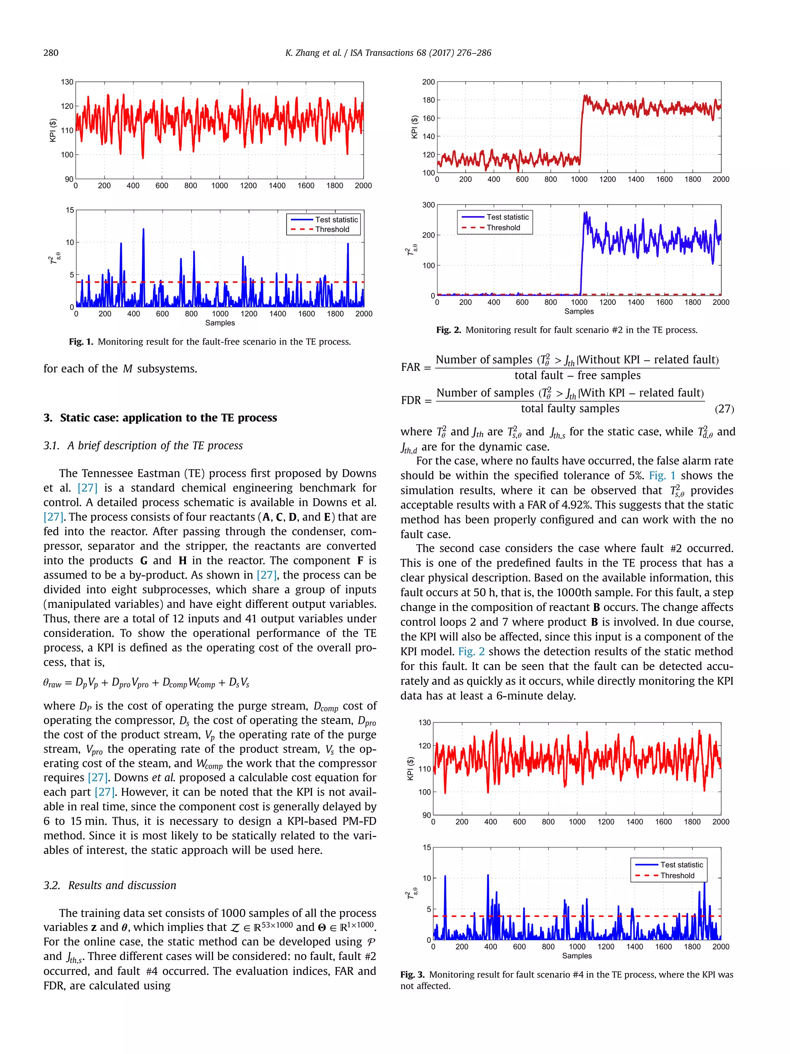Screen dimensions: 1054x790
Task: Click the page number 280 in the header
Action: coord(51,53)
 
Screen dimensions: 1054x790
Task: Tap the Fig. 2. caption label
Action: coord(448,330)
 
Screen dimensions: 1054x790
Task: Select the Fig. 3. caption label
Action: coord(412,974)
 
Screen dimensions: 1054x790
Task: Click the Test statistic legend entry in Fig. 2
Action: coord(507,217)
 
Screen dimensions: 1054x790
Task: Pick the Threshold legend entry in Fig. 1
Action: coord(332,230)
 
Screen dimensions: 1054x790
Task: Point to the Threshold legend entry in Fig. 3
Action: coord(677,875)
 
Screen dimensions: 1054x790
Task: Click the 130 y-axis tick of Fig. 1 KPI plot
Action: coord(67,82)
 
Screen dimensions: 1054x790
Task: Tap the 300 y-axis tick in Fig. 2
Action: coord(428,205)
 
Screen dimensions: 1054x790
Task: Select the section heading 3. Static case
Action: coord(160,418)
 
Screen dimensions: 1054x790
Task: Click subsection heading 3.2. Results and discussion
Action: coord(110,885)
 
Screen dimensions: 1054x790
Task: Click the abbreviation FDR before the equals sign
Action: coord(411,400)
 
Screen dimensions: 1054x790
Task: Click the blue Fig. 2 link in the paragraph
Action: coord(471,651)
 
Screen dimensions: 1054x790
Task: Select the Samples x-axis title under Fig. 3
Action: coord(577,956)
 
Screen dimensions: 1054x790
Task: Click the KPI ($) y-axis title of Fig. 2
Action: coord(414,127)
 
